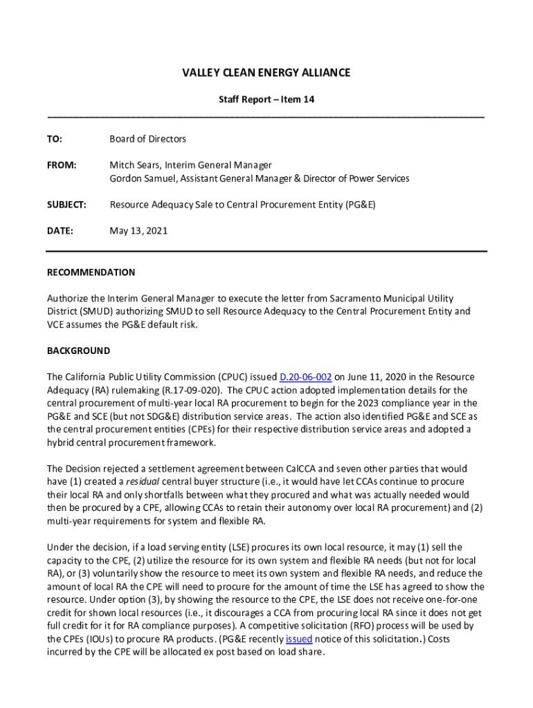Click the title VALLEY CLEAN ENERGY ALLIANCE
266,73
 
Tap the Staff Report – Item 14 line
266,100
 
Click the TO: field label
55,139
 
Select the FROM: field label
61,165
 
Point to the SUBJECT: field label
66,205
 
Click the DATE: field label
60,231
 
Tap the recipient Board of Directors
147,139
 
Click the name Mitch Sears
134,165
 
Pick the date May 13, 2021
138,231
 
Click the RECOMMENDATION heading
91,272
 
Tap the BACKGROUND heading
78,351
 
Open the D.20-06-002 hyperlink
305,377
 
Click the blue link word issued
299,639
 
